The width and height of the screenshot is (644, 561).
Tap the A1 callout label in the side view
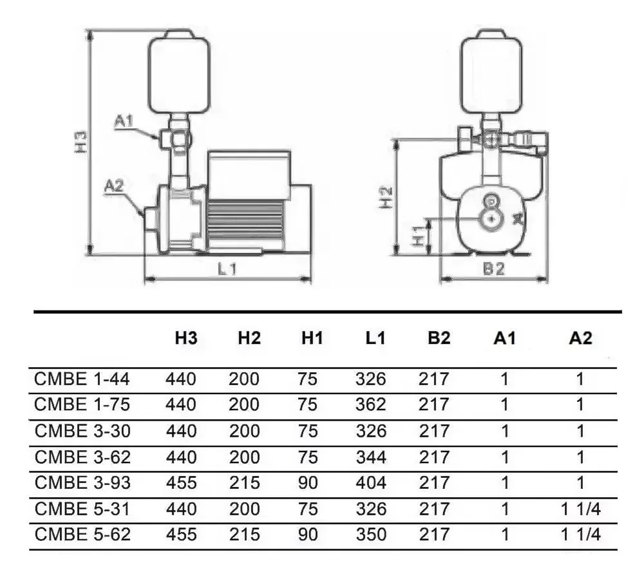coord(124,120)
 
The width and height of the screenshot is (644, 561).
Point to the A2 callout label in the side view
coord(114,186)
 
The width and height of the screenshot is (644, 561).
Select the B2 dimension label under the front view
coord(493,270)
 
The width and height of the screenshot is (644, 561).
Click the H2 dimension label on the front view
coord(384,197)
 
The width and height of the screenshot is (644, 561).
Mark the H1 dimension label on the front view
coord(419,236)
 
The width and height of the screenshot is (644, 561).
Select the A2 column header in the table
coord(580,339)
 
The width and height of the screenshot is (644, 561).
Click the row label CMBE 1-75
coord(82,405)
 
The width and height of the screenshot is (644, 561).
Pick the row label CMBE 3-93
coord(82,483)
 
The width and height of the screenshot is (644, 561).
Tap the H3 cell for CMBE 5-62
coord(180,535)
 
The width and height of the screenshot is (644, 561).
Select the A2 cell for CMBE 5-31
coord(580,509)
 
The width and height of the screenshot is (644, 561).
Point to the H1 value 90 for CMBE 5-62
coord(308,535)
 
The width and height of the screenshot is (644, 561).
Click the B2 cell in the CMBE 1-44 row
coord(435,379)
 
